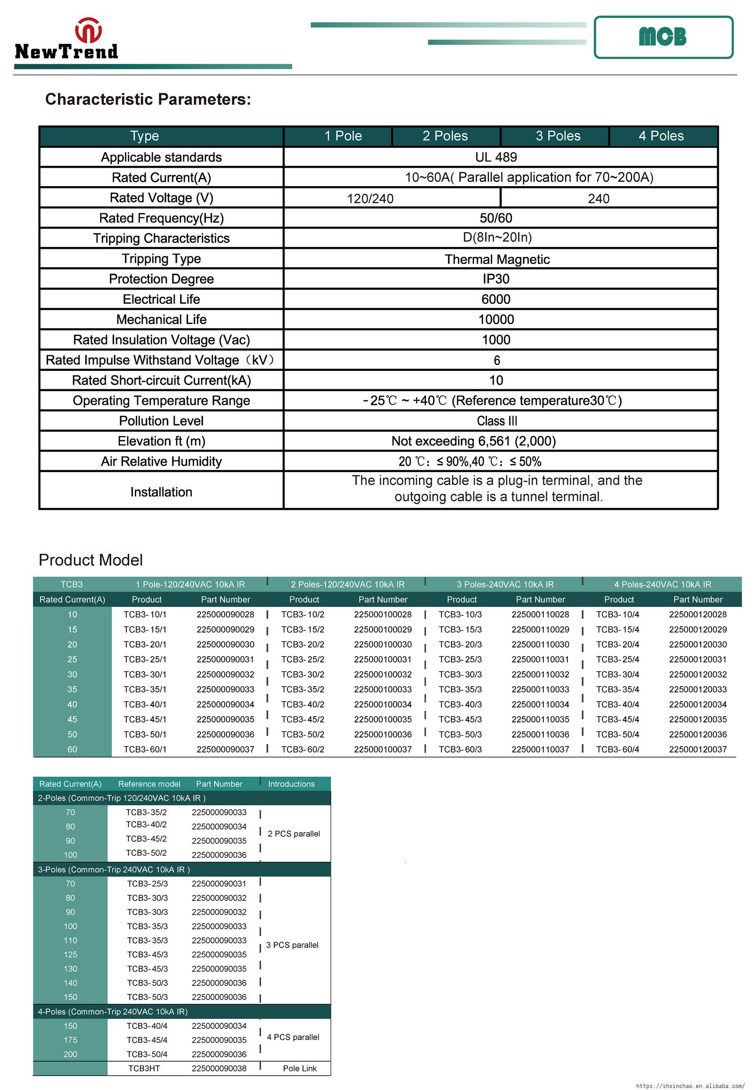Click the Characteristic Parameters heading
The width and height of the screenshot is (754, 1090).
[148, 99]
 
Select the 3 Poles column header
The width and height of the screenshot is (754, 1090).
[557, 136]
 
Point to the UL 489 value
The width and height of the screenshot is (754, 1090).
[496, 157]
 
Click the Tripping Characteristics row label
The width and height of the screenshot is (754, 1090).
[161, 238]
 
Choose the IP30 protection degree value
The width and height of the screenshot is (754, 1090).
[496, 279]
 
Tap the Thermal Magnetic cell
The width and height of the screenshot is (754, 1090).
[497, 259]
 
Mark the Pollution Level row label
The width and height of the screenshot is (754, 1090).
[161, 420]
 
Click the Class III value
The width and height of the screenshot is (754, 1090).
[497, 420]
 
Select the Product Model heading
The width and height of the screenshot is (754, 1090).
[90, 560]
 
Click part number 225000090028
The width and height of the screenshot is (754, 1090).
[225, 614]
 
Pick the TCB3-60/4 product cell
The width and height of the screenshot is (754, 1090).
[617, 749]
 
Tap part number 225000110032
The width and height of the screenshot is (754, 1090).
[540, 674]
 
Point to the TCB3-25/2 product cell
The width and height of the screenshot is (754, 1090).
[303, 659]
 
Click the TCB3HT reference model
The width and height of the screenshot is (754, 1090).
[144, 1068]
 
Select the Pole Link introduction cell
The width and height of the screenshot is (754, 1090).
[300, 1068]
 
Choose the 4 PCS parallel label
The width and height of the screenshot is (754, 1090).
[293, 1037]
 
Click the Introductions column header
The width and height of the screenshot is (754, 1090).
[291, 784]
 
